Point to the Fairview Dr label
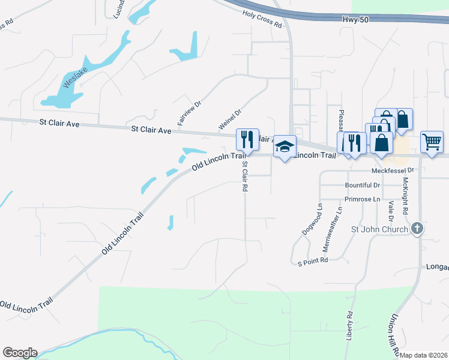[191, 112]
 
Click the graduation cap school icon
[285, 146]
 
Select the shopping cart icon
[432, 142]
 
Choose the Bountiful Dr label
[363, 185]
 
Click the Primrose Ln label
[363, 199]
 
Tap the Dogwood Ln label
[312, 218]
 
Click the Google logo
[20, 353]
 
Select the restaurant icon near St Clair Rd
[247, 139]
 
